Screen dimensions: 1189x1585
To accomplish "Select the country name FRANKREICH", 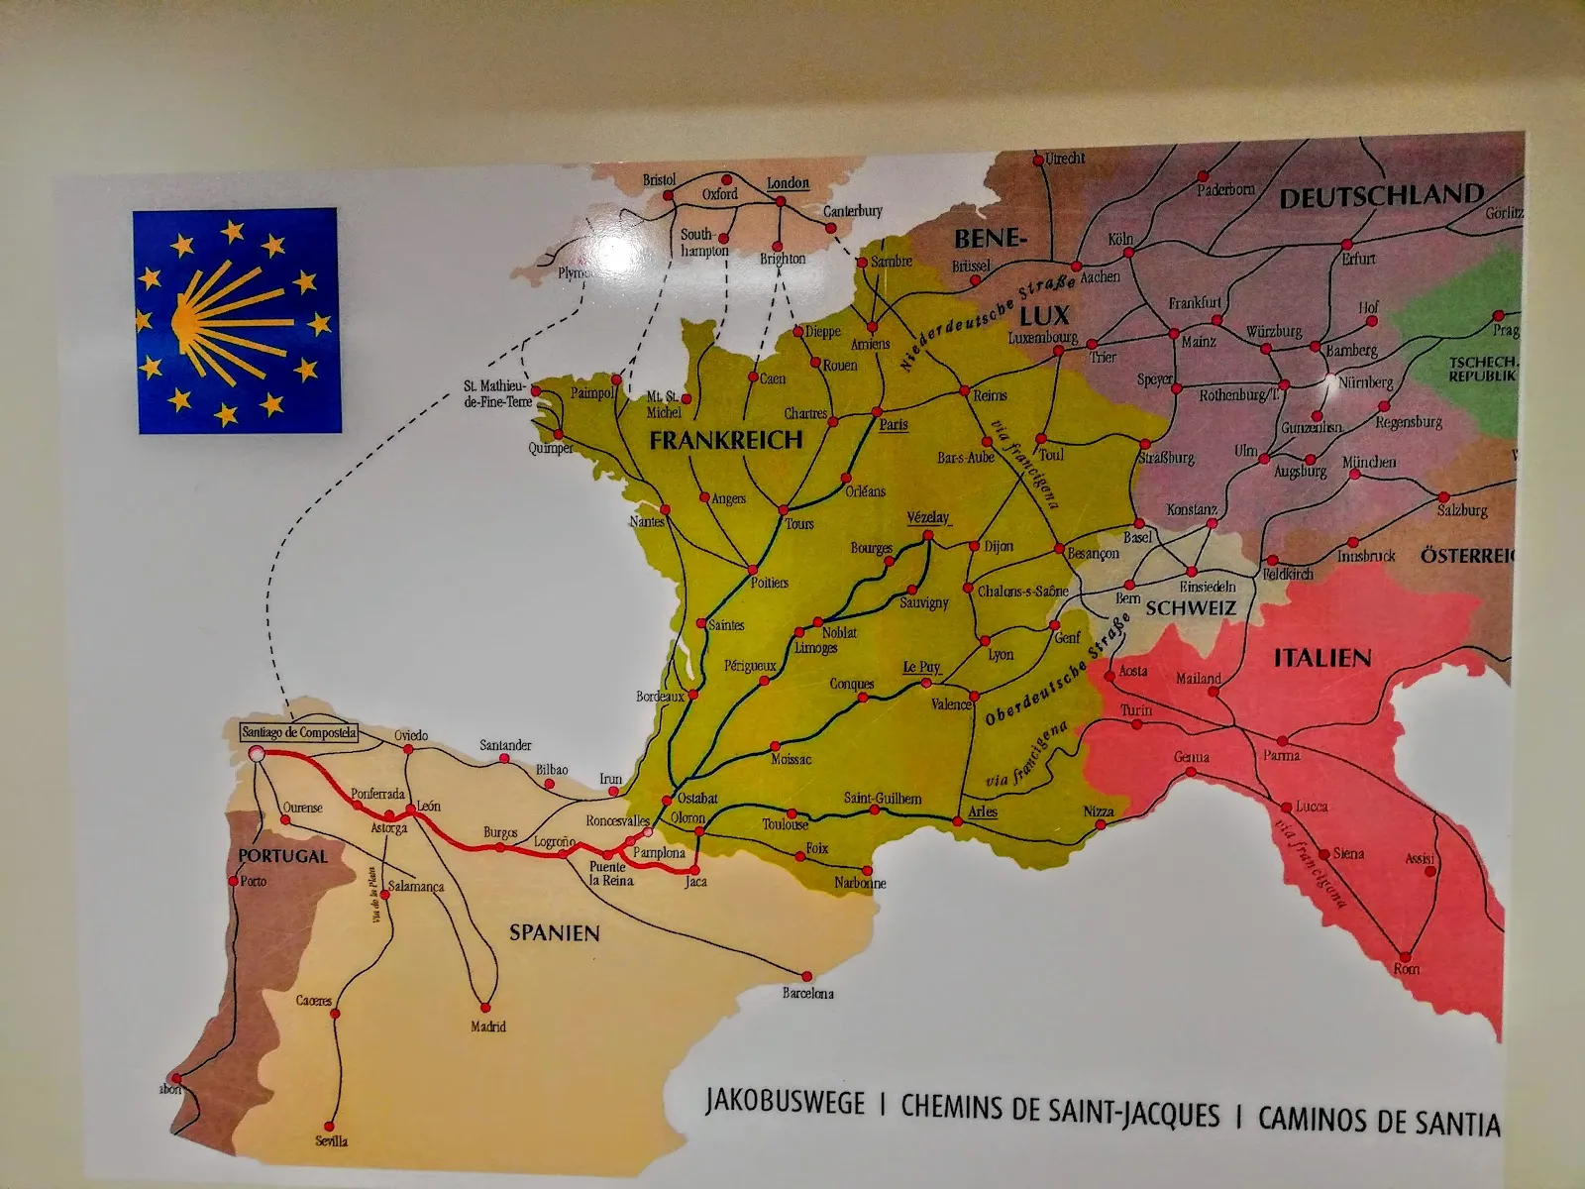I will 725,441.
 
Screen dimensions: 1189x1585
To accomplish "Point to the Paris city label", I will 894,424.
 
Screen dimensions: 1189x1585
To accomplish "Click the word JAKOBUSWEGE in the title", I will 785,1103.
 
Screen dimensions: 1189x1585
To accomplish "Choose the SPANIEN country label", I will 555,932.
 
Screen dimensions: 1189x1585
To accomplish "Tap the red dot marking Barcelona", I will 808,975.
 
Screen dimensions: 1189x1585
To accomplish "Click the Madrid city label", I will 488,1027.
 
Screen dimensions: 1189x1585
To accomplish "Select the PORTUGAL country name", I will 282,855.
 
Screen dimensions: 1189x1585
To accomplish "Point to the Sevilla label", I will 332,1140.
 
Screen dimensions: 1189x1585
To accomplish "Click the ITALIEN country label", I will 1321,657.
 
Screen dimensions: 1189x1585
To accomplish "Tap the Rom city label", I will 1407,968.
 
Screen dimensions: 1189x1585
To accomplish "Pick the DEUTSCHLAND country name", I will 1381,196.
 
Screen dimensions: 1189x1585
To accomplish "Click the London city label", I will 789,184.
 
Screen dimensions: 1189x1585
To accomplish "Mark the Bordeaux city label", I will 661,697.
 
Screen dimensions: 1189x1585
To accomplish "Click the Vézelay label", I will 928,518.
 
